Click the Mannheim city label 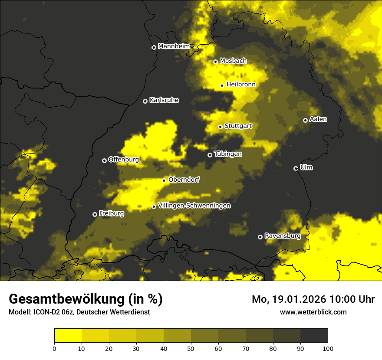174,46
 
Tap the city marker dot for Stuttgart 220,127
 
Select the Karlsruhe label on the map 164,100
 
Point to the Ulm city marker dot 296,168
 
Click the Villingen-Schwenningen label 194,206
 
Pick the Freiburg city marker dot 95,214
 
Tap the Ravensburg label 283,236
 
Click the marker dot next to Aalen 305,120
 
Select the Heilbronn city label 241,85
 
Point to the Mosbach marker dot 215,62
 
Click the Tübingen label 228,154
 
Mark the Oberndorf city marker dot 164,180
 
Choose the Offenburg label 124,160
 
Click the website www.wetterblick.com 313,312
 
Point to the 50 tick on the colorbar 191,348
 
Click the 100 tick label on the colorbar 328,348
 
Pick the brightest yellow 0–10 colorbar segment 68,335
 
